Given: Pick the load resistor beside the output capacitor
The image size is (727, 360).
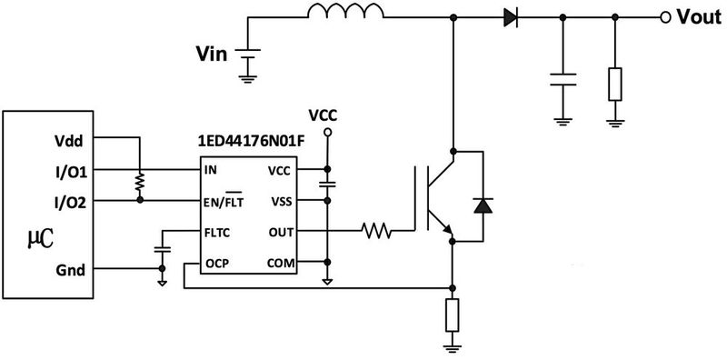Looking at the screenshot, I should [x=616, y=84].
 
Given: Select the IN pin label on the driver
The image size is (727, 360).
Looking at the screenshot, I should [x=212, y=169].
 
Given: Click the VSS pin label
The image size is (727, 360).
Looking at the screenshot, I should [x=280, y=200].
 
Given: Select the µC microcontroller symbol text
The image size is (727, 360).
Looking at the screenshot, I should [x=36, y=239].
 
